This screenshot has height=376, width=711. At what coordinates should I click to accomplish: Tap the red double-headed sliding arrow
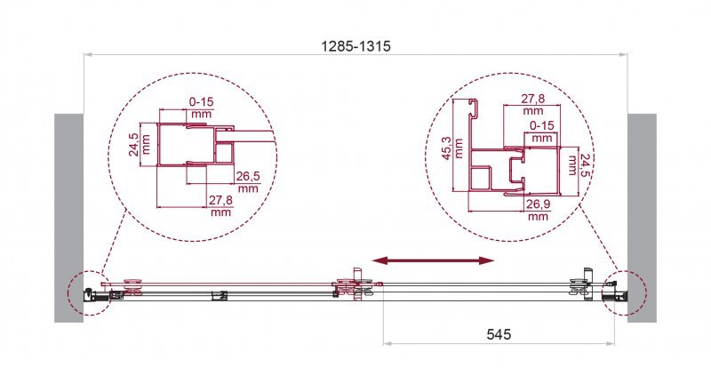tap(433, 260)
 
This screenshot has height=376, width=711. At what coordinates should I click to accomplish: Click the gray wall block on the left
tap(68, 218)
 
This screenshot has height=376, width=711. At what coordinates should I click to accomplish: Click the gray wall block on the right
tap(641, 218)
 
